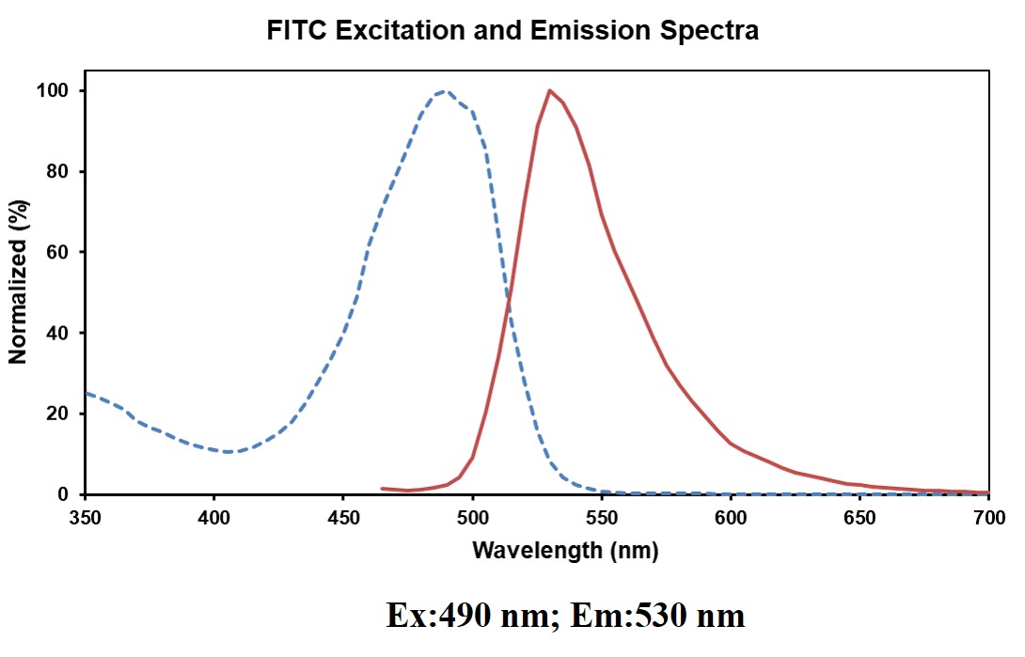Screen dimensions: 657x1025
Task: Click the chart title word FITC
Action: point(296,31)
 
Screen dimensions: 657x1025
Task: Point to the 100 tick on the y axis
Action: point(61,91)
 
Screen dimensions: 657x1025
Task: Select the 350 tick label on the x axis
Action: point(85,517)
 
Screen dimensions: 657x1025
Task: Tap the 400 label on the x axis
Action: point(214,517)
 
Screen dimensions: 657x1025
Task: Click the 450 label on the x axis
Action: point(343,517)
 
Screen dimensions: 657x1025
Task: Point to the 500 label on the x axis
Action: point(472,517)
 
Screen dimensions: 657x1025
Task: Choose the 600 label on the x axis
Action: point(731,517)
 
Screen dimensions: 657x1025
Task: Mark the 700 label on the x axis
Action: point(988,517)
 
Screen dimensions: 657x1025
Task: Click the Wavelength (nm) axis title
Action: point(564,550)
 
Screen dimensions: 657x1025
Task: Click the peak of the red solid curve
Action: point(549,91)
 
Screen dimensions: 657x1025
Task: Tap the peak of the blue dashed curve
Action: point(445,92)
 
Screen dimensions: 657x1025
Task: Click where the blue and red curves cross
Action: point(509,300)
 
